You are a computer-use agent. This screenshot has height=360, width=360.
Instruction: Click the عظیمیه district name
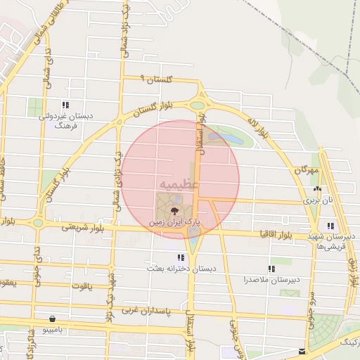point(179,183)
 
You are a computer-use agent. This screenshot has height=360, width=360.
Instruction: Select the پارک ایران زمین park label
point(174,221)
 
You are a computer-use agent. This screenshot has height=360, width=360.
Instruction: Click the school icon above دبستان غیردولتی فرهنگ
point(65,105)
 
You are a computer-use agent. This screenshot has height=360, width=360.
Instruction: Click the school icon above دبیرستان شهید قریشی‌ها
point(330,226)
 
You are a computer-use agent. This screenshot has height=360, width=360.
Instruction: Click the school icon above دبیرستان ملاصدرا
point(271,268)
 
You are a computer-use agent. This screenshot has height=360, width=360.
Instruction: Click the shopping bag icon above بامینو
point(53,318)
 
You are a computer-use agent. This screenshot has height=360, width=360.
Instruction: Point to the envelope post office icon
point(302,351)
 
